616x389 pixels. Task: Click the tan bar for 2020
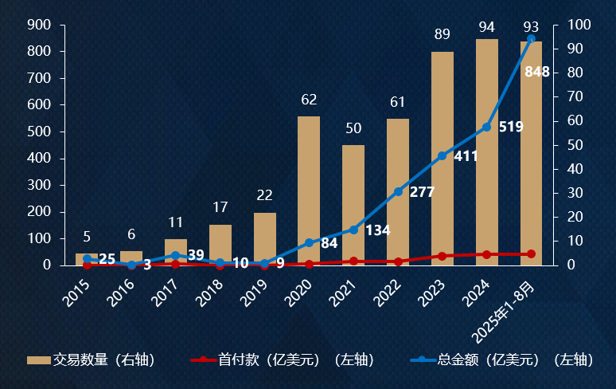click(309, 191)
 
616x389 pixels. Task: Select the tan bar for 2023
click(443, 159)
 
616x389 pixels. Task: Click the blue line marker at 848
click(531, 39)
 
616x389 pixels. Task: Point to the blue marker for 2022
click(398, 191)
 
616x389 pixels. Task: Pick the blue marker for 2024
click(486, 127)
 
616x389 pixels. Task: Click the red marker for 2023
click(443, 256)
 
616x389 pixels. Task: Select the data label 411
click(466, 156)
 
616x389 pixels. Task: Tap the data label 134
click(377, 230)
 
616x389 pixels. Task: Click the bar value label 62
click(309, 100)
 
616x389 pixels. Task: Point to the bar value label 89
click(443, 34)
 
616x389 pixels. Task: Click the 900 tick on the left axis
click(40, 26)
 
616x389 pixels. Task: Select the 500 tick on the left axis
click(40, 132)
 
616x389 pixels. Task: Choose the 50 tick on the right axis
click(576, 145)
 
